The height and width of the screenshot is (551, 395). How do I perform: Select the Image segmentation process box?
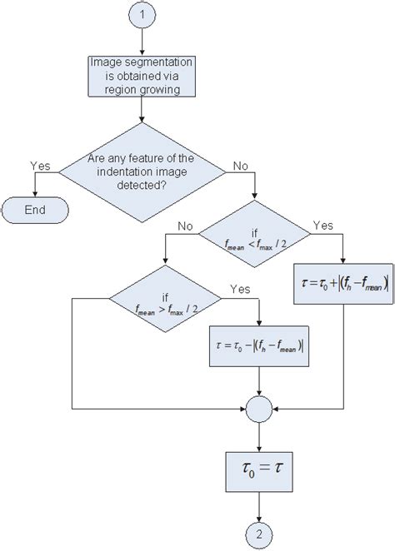[142, 76]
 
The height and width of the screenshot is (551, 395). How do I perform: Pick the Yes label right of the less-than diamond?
[321, 225]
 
